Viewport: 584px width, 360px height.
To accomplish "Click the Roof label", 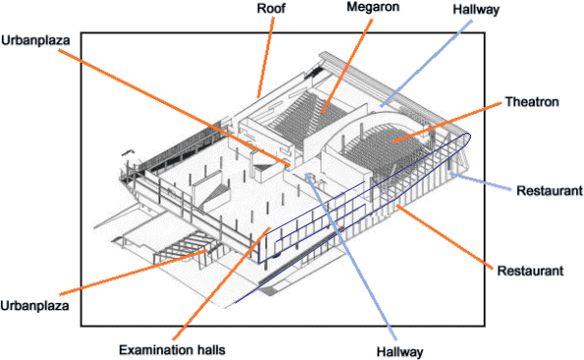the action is coord(271,8).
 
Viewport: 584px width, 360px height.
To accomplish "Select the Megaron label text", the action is coord(373,7).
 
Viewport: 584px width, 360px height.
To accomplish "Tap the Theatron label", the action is coord(532,101).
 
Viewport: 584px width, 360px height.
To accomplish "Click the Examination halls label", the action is coord(172,350).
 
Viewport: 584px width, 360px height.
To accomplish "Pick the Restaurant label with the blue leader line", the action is coord(550,191).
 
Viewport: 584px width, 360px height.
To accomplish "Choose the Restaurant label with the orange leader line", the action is coord(530,270).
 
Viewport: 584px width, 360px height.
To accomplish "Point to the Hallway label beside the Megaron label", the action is coord(476,9).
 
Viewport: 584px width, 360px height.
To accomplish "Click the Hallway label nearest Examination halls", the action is coord(399,352).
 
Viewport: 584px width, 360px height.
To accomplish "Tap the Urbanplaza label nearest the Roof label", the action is coord(35,40).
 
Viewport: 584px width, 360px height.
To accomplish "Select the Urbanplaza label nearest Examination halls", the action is coord(34,306).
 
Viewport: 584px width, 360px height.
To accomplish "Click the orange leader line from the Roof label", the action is coord(265,57).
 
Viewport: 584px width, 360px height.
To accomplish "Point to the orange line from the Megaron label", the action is coord(347,66).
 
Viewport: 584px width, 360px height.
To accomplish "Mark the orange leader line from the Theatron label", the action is coord(446,122).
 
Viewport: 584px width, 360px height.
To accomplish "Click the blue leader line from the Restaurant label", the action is coord(480,182).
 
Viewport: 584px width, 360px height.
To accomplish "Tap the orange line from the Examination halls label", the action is coord(221,283).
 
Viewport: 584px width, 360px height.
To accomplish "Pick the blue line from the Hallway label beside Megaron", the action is coord(426,64).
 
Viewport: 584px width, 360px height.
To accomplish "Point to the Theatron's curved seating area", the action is coord(383,150).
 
